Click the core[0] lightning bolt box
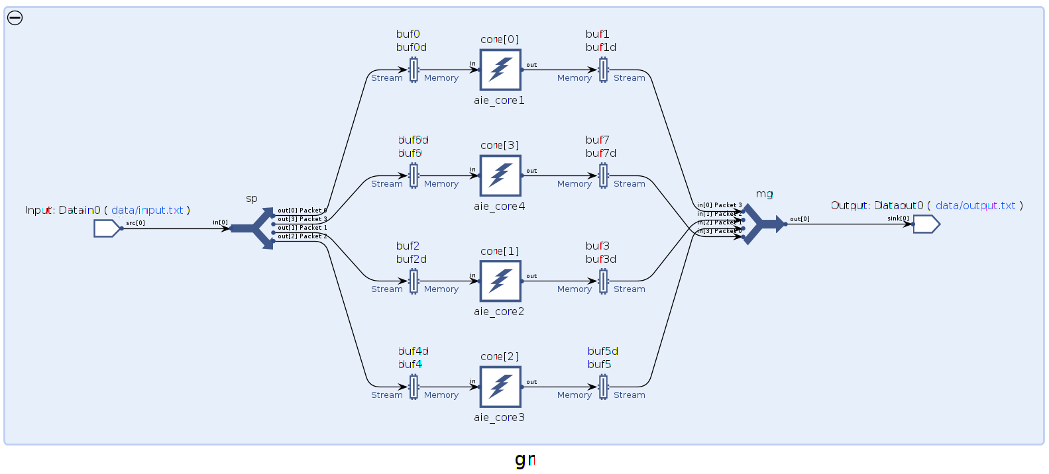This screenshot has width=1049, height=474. click(x=500, y=70)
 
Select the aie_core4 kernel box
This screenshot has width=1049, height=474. click(x=500, y=175)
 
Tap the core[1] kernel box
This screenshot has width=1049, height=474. click(x=500, y=281)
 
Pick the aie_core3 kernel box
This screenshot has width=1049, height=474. click(x=500, y=387)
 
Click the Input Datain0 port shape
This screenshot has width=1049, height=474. click(x=107, y=228)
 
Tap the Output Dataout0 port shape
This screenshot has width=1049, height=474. click(x=926, y=224)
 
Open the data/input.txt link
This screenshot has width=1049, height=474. click(x=147, y=210)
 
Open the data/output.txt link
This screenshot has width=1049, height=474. click(x=975, y=205)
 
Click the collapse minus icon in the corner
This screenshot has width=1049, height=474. click(x=15, y=18)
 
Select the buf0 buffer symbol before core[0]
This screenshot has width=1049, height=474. click(x=414, y=70)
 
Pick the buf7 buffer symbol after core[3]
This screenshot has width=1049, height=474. click(x=603, y=175)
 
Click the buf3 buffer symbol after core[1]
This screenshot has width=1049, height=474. click(x=603, y=281)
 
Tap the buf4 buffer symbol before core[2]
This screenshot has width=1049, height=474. click(x=414, y=387)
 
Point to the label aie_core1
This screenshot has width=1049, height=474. click(x=499, y=101)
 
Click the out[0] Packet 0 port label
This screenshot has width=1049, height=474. click(x=302, y=211)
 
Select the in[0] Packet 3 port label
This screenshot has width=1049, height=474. click(x=720, y=205)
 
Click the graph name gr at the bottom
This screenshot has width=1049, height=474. click(x=525, y=459)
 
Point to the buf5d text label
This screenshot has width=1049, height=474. click(x=602, y=351)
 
